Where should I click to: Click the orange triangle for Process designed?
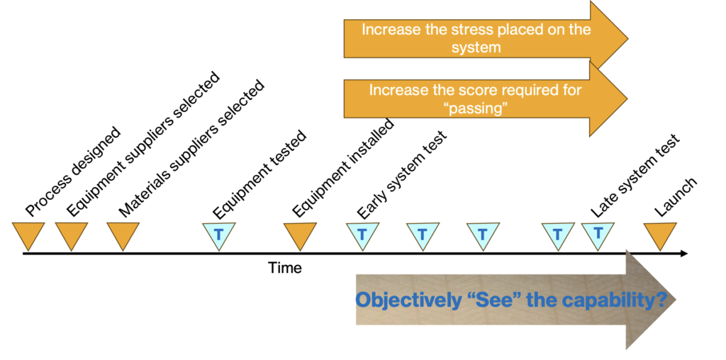coord(28,234)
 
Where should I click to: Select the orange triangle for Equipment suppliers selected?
coord(72,234)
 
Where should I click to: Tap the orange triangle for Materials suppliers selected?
coord(123,234)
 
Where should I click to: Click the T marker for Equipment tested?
coord(218,234)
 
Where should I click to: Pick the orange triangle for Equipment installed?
coord(300,234)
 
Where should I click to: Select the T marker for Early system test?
coord(362,234)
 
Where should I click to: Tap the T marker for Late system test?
coord(598,232)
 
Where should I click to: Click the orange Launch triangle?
coord(660,234)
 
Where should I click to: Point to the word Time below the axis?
coord(284,268)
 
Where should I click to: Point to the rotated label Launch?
coord(675,196)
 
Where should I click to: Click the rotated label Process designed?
coord(73,172)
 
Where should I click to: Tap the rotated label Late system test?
coord(635,176)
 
